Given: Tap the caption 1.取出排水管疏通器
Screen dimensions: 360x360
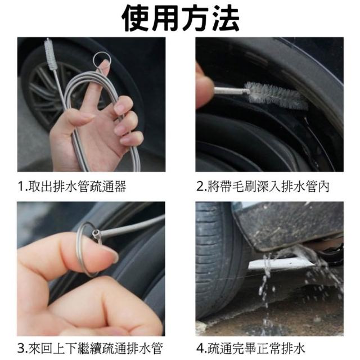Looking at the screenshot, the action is point(72,186).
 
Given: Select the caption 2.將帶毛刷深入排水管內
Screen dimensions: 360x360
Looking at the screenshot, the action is point(263,186).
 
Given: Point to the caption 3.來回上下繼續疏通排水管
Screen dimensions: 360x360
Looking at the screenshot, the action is point(90,348).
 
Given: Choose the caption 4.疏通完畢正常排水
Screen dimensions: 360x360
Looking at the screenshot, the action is point(251,348).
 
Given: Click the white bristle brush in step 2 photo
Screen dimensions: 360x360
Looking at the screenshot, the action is point(276,95).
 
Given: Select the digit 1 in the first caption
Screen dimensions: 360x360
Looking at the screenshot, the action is point(21,187).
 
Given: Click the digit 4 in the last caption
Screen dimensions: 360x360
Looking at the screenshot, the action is point(200,348).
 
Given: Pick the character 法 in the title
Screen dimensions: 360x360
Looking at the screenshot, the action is point(226,18).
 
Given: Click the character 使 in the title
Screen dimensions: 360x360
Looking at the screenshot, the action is point(136,18).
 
